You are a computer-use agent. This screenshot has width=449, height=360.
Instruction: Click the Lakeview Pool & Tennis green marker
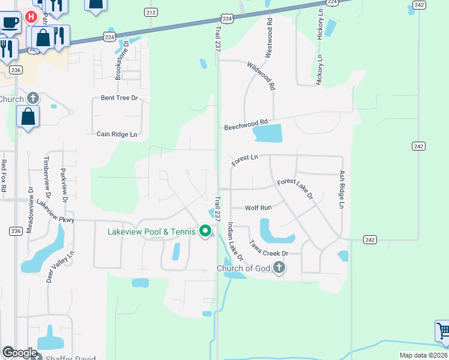point(205,231)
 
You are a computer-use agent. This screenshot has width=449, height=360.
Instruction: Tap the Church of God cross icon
point(278,268)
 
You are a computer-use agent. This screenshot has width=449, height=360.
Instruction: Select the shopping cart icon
point(443,331)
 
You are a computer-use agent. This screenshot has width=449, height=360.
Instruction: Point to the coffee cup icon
point(10,23)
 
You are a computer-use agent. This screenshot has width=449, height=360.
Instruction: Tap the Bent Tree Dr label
point(119,98)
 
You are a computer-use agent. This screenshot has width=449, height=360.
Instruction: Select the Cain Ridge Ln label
point(117,134)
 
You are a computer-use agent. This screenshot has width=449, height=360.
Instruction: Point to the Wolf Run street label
point(258,208)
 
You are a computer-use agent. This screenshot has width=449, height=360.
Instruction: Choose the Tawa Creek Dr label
point(269,248)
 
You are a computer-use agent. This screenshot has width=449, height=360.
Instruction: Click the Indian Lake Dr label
point(235,241)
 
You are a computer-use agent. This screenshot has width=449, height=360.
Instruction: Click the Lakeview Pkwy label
point(55,212)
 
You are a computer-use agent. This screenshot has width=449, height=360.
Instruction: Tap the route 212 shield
point(151,12)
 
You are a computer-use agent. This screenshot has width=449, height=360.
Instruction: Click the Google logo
point(19,353)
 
